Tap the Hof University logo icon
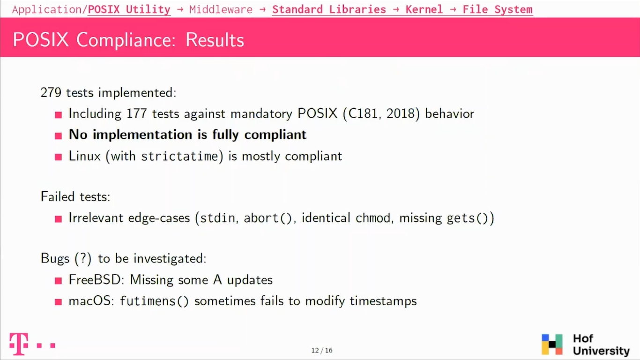pyautogui.click(x=552, y=345)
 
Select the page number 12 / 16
pyautogui.click(x=321, y=350)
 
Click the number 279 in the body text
pyautogui.click(x=51, y=93)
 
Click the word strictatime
pyautogui.click(x=180, y=156)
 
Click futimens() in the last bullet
pyautogui.click(x=154, y=301)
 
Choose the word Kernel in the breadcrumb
pyautogui.click(x=424, y=9)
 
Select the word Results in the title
pyautogui.click(x=215, y=40)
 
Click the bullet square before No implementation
pyautogui.click(x=58, y=136)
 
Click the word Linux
pyautogui.click(x=84, y=156)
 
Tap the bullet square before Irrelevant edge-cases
pyautogui.click(x=58, y=219)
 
